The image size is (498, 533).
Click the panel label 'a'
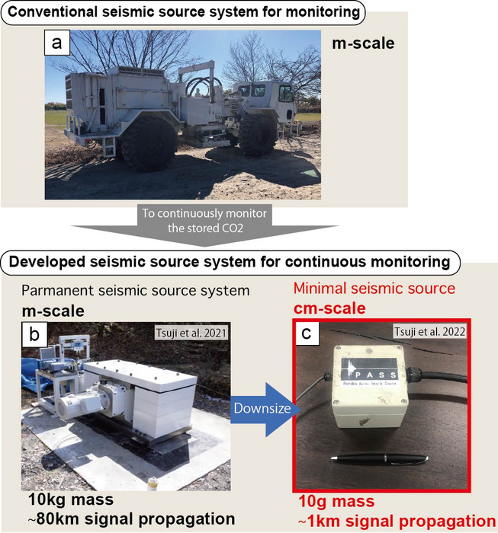click(56, 43)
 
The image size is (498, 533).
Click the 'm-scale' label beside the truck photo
click(363, 43)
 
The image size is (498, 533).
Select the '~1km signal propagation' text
click(394, 521)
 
